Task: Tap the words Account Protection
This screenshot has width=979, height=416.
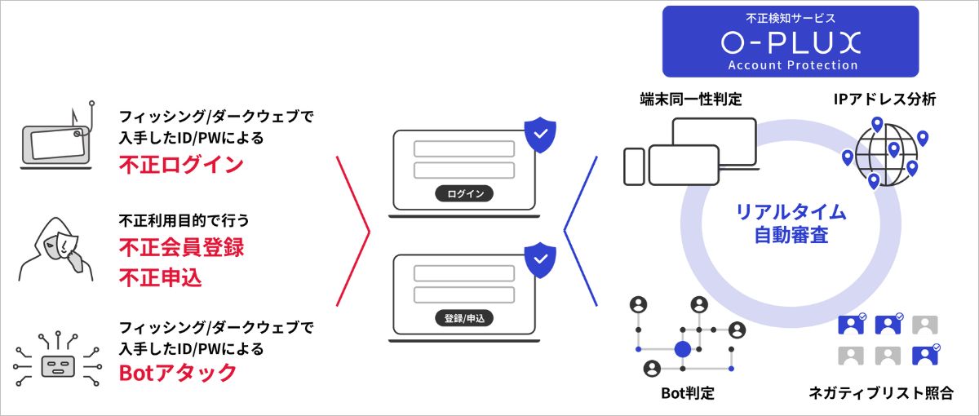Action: tap(791, 64)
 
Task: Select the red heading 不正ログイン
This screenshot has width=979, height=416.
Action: tap(181, 164)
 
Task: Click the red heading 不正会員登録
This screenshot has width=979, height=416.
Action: tap(181, 246)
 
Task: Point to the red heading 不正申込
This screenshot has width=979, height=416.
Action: tap(160, 278)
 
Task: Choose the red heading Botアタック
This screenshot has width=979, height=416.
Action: tap(178, 373)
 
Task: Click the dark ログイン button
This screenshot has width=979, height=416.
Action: tap(465, 193)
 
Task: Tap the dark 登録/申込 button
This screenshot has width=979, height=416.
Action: tap(465, 318)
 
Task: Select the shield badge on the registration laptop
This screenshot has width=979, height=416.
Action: tap(539, 260)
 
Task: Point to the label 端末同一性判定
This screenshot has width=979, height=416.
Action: tap(690, 100)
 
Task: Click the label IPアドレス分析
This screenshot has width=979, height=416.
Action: tap(884, 100)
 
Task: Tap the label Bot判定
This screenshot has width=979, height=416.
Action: tap(687, 393)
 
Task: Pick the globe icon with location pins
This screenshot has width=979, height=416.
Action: tap(885, 153)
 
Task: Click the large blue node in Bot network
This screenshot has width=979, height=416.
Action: tap(683, 349)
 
